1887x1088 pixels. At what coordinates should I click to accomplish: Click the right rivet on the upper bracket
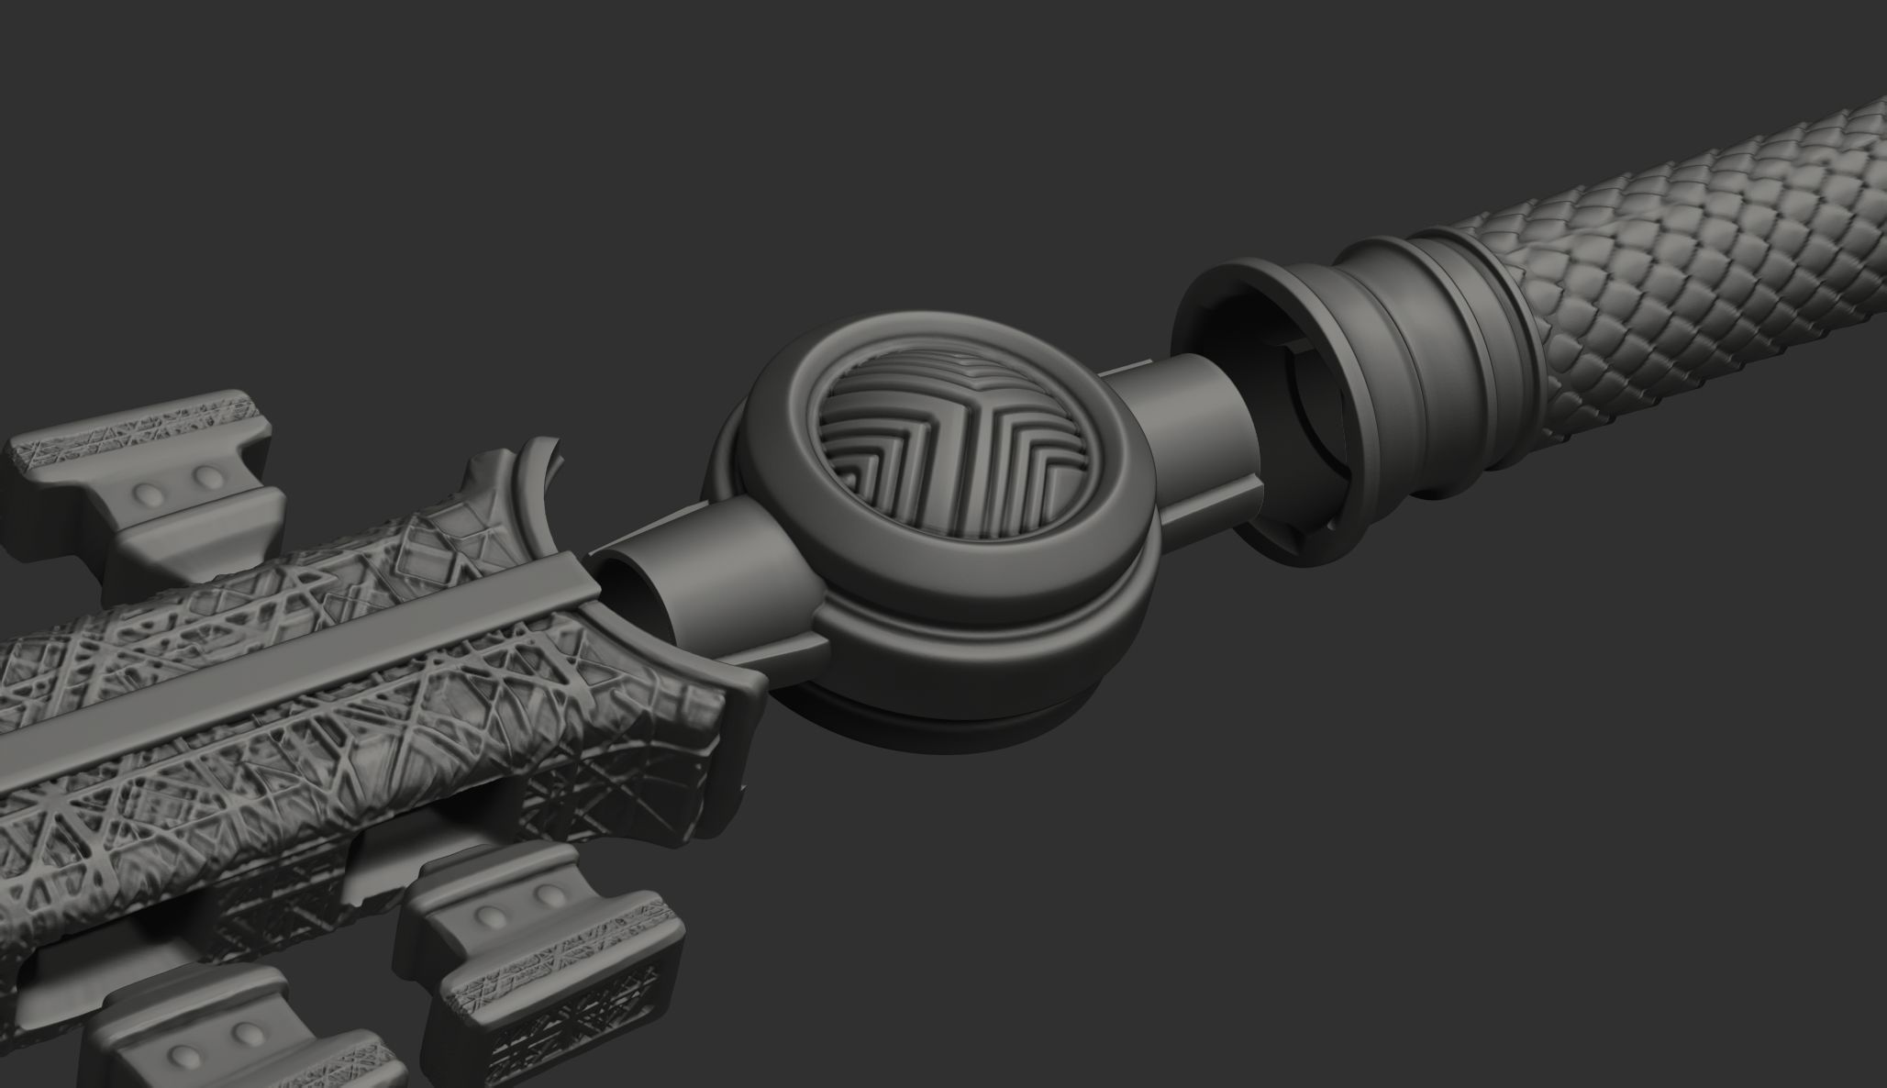pyautogui.click(x=209, y=478)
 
